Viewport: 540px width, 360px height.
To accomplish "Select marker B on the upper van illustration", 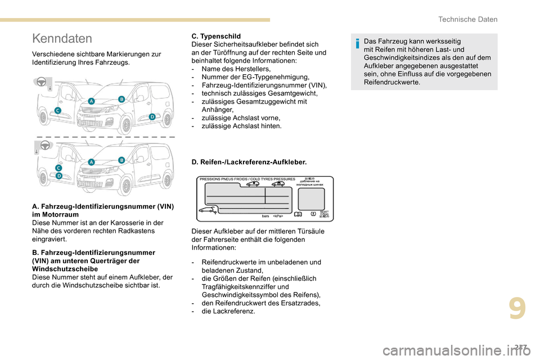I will click(121, 98).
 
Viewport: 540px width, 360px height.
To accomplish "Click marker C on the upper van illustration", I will click(57, 110).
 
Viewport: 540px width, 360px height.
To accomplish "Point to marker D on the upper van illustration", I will click(152, 116).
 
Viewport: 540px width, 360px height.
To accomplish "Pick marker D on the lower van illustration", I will click(58, 175).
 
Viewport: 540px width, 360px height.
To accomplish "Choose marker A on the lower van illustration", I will click(91, 161).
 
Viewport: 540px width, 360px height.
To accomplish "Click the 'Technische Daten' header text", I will click(467, 19).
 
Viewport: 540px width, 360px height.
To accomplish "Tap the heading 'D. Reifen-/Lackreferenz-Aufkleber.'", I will click(249, 162).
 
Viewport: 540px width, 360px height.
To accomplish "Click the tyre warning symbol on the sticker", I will click(313, 214).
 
